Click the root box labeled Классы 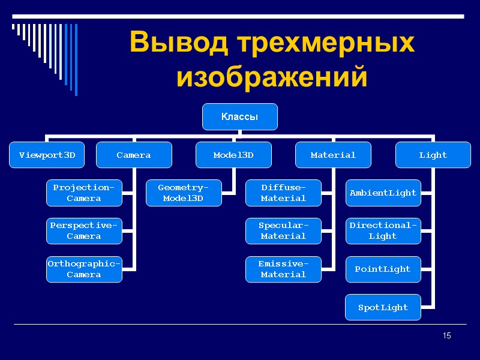pos(239,117)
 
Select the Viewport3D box pos(47,155)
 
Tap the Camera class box pos(134,155)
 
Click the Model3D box pos(233,155)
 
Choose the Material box pos(333,155)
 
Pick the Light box pos(433,155)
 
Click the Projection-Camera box pos(84,193)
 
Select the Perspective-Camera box pos(84,231)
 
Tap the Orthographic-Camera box pos(84,269)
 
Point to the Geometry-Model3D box pos(184,193)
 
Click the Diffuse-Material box pos(283,193)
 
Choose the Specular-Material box pos(283,231)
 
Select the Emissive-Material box pos(283,269)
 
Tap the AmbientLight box pos(383,193)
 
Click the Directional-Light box pos(383,231)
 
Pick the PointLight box pos(383,269)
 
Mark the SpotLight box pos(383,307)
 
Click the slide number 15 pos(446,335)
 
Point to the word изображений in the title pos(271,77)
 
